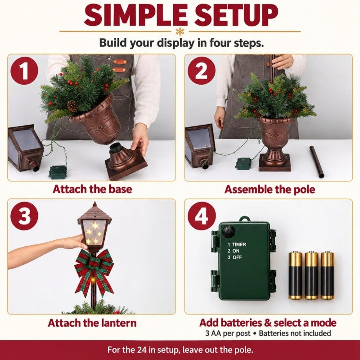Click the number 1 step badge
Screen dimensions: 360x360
click(x=24, y=71)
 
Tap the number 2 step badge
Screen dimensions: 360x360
click(x=201, y=71)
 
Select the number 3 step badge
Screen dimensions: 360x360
click(x=24, y=216)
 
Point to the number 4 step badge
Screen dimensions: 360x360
click(x=202, y=216)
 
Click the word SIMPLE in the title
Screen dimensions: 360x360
click(x=136, y=15)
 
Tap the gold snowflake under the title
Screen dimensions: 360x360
click(x=180, y=31)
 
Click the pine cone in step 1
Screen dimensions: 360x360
click(x=72, y=106)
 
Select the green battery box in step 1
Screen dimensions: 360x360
click(x=58, y=172)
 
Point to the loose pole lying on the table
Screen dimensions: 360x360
click(x=317, y=162)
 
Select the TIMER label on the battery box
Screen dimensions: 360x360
click(x=239, y=244)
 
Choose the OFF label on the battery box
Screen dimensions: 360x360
click(x=238, y=257)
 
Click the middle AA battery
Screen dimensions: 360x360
click(x=311, y=275)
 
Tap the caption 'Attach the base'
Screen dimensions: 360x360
click(x=92, y=189)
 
